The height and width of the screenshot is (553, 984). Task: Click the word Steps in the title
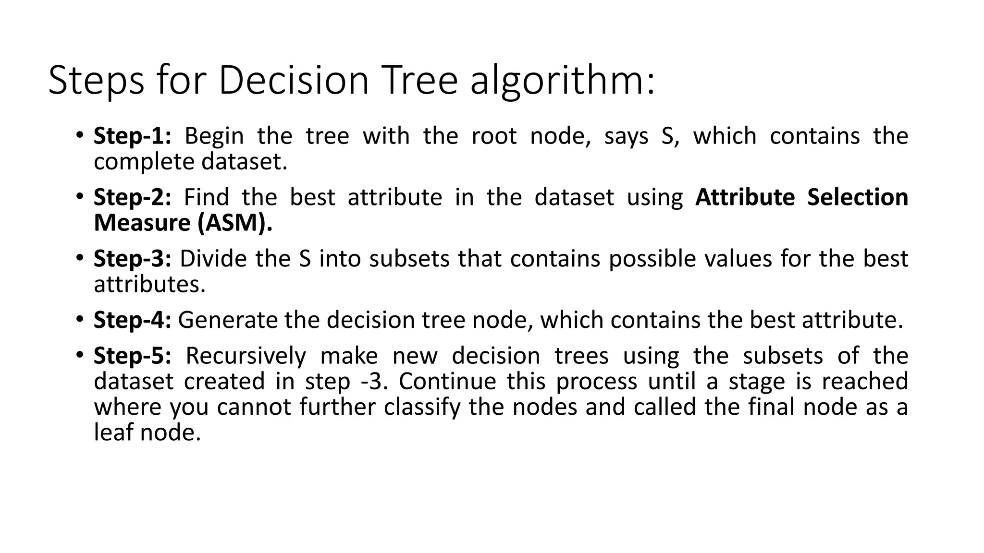tap(96, 81)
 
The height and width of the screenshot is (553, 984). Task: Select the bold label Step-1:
tap(132, 136)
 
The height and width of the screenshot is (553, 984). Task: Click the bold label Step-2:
tap(132, 197)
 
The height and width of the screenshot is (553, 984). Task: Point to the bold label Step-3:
tap(132, 259)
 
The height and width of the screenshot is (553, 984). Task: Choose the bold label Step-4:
tap(132, 320)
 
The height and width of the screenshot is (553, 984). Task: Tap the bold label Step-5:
tap(132, 356)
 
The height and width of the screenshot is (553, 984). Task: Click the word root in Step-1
tap(494, 136)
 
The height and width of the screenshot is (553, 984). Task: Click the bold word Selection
tap(858, 197)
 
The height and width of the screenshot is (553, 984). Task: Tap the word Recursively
tap(246, 356)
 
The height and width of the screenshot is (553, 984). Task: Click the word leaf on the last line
tap(113, 433)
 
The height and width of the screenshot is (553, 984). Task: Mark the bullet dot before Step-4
tap(79, 319)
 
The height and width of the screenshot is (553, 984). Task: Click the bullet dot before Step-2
tap(79, 196)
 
